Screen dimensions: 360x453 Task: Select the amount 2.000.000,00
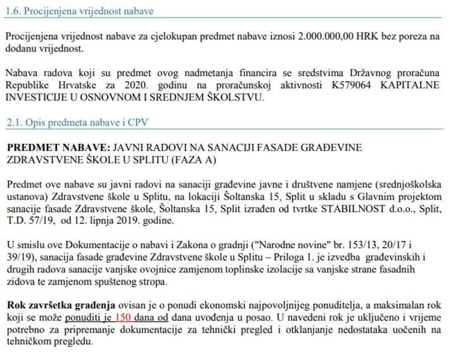(324, 37)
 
